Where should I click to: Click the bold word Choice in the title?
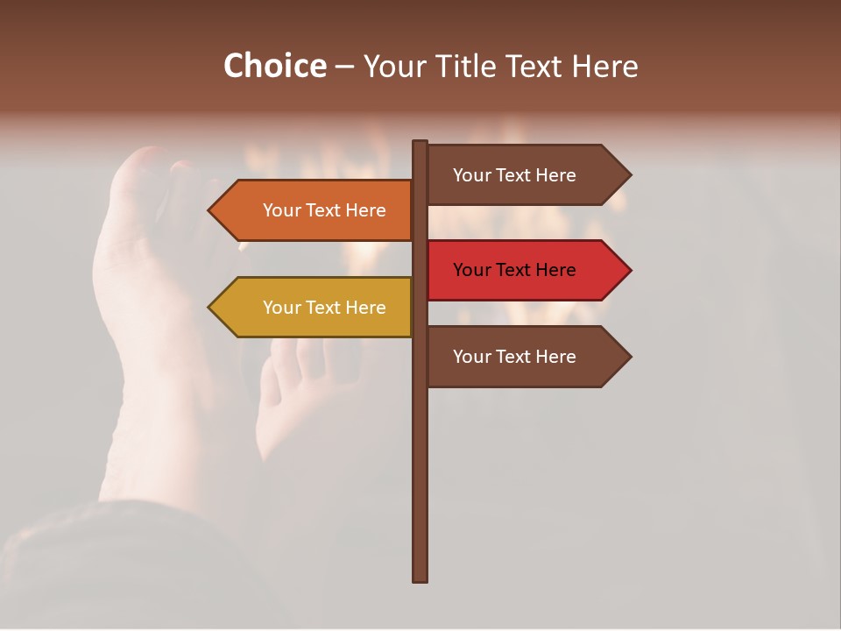(x=274, y=66)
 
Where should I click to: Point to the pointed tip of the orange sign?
(x=211, y=210)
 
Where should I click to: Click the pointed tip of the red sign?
(x=628, y=270)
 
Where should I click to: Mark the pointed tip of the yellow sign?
(x=211, y=308)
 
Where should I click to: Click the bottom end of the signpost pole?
(x=420, y=578)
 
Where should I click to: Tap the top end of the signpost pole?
(x=420, y=144)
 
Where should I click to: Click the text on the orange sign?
(x=324, y=210)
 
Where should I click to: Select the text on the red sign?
(x=514, y=270)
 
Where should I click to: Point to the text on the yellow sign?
(x=324, y=308)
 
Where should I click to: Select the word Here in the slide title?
(x=604, y=66)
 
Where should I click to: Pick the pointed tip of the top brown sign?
(x=628, y=174)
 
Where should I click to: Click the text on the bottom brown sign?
(x=514, y=357)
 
